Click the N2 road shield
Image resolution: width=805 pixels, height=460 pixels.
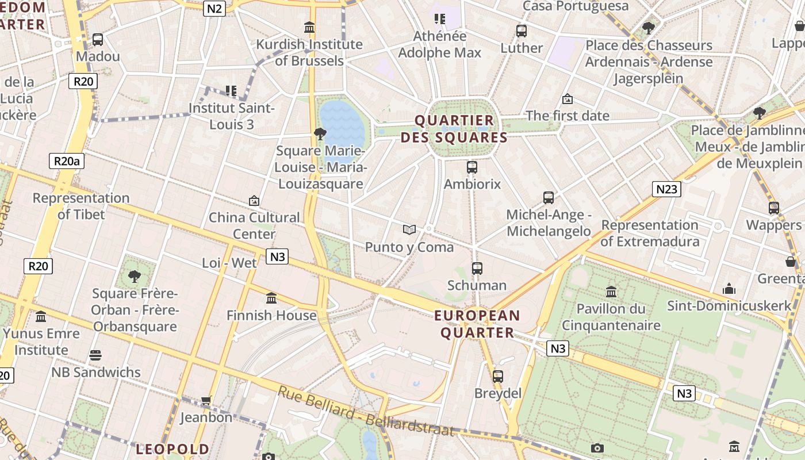click(214, 8)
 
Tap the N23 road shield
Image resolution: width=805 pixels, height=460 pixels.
click(666, 189)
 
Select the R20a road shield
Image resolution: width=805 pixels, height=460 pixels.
click(67, 161)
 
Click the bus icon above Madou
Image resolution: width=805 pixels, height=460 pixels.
click(98, 40)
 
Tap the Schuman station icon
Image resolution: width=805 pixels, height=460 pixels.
click(477, 268)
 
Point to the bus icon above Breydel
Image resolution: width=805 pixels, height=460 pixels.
click(497, 377)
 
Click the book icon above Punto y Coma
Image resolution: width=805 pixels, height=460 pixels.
click(409, 230)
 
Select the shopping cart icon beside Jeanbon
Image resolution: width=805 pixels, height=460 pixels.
click(206, 400)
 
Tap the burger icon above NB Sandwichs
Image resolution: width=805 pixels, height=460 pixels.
click(95, 355)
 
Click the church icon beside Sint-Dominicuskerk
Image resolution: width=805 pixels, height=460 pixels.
click(729, 289)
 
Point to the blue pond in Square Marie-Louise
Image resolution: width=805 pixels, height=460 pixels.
click(342, 124)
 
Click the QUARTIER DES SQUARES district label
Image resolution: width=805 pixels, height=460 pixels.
click(454, 129)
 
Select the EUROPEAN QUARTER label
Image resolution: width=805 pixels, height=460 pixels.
click(477, 324)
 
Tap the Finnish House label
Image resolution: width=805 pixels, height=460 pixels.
click(271, 315)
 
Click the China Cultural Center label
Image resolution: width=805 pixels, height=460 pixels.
click(254, 225)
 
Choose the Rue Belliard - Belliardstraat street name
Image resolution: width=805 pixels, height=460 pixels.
click(366, 411)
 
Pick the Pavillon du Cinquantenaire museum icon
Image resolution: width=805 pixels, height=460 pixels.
click(611, 292)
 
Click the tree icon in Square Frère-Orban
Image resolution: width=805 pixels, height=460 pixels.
click(135, 277)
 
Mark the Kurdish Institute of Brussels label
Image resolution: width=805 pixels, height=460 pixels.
click(309, 52)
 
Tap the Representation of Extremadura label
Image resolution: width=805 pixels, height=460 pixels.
click(650, 233)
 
